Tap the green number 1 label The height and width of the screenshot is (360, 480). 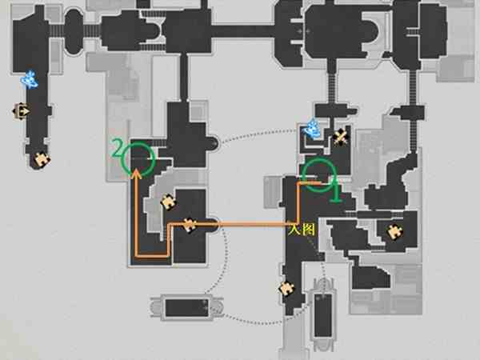(x=336, y=191)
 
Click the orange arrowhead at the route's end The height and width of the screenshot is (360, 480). (x=137, y=174)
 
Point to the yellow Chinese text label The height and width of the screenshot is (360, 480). (x=302, y=230)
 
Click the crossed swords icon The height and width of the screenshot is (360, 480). (x=341, y=137)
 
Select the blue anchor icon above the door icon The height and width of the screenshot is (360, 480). (x=30, y=79)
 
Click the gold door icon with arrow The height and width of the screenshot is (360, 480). (x=21, y=111)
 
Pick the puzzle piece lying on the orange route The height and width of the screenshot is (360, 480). (x=189, y=225)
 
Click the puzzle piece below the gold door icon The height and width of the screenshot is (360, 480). (x=42, y=159)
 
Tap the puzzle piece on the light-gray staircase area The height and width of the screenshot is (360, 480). (x=168, y=202)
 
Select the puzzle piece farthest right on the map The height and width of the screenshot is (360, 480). (x=394, y=232)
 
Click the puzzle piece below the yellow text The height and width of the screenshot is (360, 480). (x=287, y=289)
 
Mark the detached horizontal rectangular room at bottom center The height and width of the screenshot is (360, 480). (x=186, y=308)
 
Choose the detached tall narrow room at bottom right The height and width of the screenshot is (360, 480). (x=323, y=315)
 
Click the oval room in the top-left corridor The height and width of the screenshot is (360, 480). (x=74, y=31)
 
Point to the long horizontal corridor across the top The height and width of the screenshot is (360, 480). (x=242, y=31)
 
